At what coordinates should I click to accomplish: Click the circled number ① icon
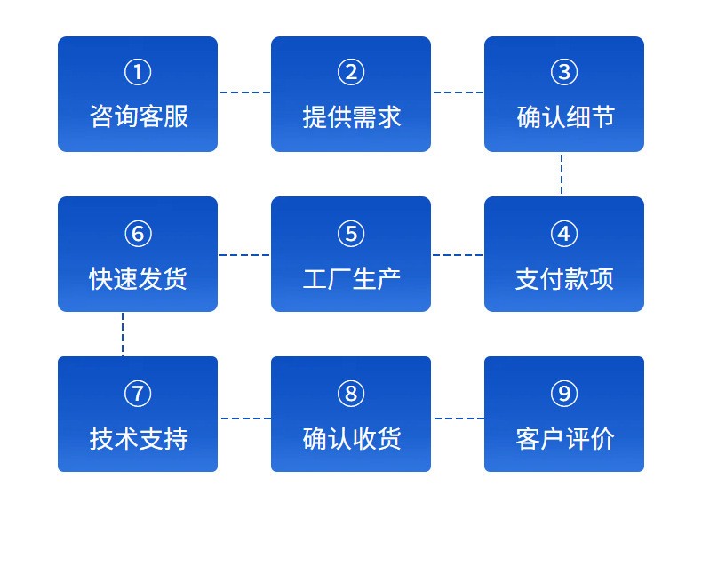138,72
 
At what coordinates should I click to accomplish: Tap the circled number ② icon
351,72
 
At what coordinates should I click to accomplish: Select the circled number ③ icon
564,72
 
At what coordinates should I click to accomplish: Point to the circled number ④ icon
564,234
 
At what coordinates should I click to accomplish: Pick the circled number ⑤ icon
351,234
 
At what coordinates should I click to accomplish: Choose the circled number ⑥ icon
138,234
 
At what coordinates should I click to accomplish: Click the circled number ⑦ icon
138,394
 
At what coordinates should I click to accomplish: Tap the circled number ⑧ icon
351,394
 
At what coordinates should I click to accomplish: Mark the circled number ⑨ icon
564,394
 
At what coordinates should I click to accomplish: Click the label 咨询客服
139,117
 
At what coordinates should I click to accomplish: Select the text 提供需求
352,117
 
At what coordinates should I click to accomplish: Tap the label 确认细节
565,117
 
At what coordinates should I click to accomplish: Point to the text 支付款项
564,278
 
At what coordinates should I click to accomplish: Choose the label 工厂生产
352,278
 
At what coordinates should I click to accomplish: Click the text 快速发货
138,278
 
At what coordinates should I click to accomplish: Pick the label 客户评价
565,438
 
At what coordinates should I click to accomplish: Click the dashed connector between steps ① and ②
244,92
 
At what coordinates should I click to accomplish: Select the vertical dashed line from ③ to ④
562,174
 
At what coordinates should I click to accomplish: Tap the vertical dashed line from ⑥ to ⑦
123,334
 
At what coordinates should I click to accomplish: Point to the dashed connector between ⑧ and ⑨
459,419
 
